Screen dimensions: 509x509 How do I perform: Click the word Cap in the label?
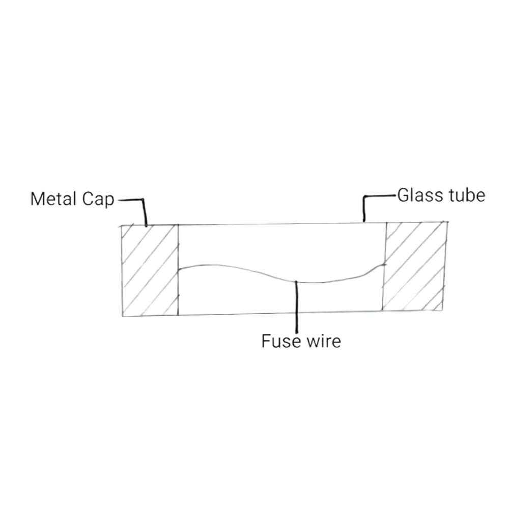click(x=98, y=200)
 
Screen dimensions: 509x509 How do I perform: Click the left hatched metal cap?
click(x=150, y=270)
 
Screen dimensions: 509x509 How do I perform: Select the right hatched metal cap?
click(x=415, y=266)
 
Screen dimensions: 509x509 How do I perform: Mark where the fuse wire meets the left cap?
click(x=179, y=270)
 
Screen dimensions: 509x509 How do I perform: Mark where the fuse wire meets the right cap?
click(x=385, y=265)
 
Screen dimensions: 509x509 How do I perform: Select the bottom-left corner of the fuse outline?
click(x=123, y=316)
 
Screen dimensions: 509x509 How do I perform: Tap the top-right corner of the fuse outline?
click(x=447, y=222)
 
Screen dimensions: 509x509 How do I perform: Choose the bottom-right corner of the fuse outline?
click(x=442, y=310)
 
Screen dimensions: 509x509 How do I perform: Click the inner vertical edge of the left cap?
click(x=178, y=270)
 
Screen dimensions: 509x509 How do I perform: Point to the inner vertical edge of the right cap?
click(x=384, y=266)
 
